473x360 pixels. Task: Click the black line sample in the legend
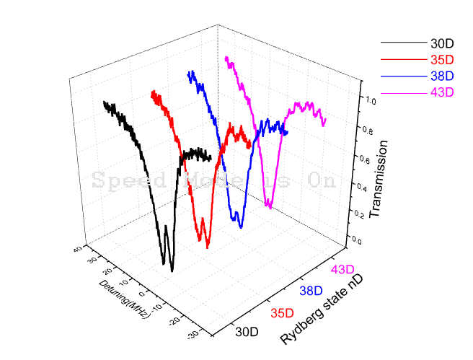click(401, 43)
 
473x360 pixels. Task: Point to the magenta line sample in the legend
click(401, 92)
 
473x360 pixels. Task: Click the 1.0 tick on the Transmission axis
click(371, 102)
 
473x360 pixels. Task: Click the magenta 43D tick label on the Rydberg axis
click(342, 270)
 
